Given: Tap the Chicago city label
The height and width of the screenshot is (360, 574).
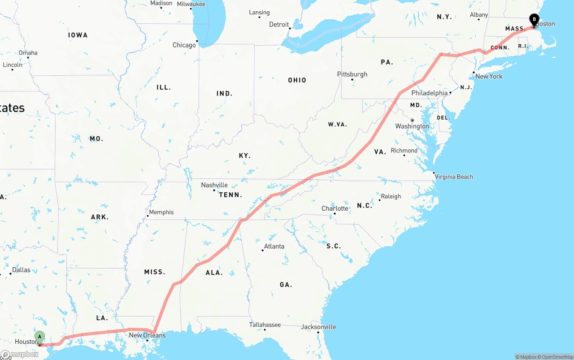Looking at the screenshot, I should click(184, 45).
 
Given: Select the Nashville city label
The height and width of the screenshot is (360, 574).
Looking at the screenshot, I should click(214, 185).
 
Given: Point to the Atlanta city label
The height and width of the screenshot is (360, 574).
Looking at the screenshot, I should click(274, 246).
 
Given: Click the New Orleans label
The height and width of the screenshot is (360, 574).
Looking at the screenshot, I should click(147, 335).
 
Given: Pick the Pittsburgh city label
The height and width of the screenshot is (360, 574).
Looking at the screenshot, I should click(352, 74).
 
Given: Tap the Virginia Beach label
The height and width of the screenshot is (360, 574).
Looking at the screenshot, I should click(454, 177).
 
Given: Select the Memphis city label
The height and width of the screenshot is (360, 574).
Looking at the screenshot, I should click(161, 212).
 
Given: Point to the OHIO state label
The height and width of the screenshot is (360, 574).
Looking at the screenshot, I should click(297, 80).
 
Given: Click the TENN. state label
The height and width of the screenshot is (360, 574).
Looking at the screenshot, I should click(230, 195).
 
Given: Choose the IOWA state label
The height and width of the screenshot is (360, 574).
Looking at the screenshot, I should click(78, 35).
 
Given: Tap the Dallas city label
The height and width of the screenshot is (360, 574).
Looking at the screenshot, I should click(22, 270).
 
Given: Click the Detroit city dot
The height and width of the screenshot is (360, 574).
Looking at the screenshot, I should click(290, 28).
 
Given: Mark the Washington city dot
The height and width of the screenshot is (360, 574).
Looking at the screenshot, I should click(412, 120).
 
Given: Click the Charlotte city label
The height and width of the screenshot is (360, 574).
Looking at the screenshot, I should click(335, 208).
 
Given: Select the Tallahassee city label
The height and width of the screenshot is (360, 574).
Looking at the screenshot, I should click(265, 325).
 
